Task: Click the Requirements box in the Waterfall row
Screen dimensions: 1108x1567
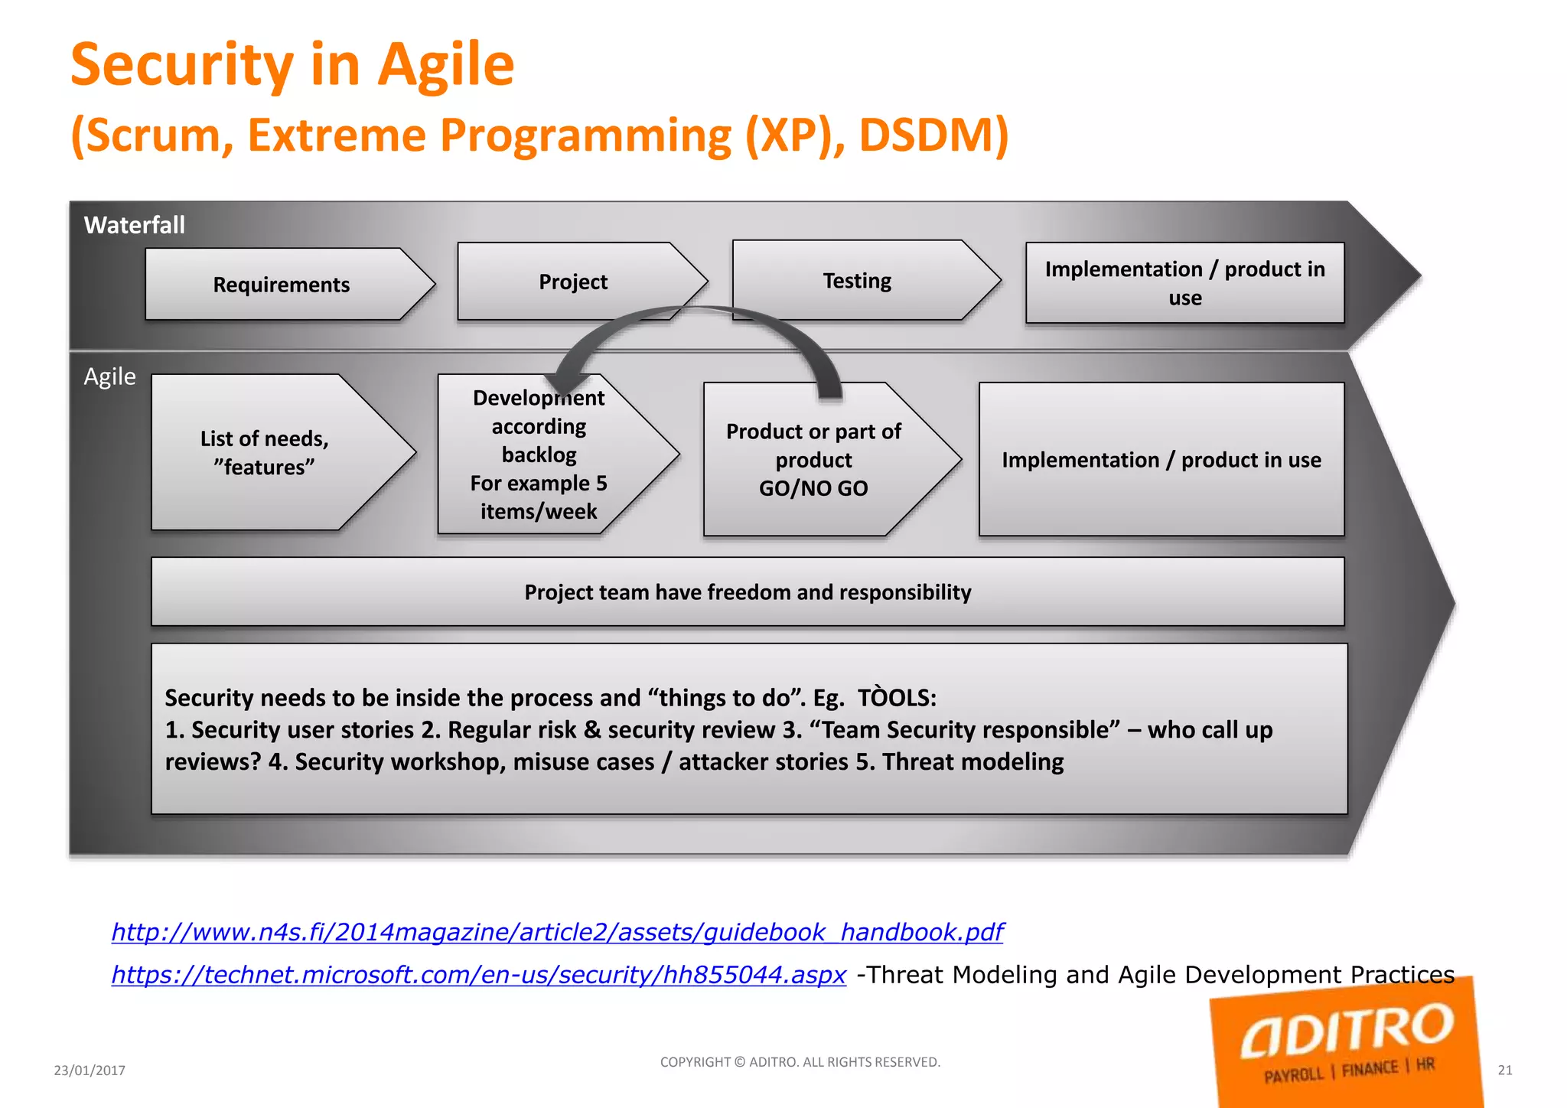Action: point(281,285)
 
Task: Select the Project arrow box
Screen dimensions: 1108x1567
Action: point(573,282)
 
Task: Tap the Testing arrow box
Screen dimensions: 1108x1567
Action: point(857,281)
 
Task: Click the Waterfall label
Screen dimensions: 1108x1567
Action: point(135,225)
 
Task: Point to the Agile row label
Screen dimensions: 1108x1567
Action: point(110,376)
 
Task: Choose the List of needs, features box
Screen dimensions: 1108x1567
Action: point(265,452)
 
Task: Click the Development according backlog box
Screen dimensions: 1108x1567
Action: point(539,455)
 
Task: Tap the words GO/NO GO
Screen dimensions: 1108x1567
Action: point(813,488)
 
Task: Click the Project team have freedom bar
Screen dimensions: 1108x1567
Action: point(748,592)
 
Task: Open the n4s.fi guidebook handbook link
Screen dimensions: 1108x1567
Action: point(557,932)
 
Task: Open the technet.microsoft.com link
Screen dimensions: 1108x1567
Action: point(479,975)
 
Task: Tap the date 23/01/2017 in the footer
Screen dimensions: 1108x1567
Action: point(90,1071)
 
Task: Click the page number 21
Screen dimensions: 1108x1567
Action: point(1504,1071)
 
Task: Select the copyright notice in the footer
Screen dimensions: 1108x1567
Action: point(800,1062)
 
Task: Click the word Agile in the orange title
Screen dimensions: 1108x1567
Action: point(447,66)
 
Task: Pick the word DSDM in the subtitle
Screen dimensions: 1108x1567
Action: point(933,135)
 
